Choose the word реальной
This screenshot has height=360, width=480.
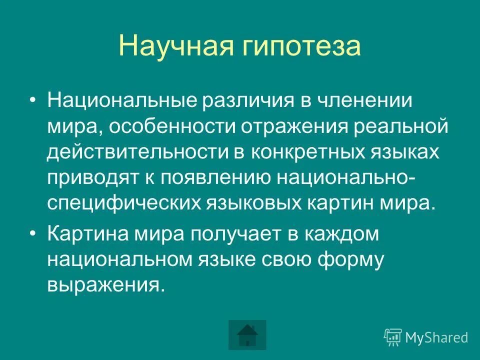[x=405, y=126]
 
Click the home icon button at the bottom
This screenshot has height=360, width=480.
[x=247, y=334]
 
